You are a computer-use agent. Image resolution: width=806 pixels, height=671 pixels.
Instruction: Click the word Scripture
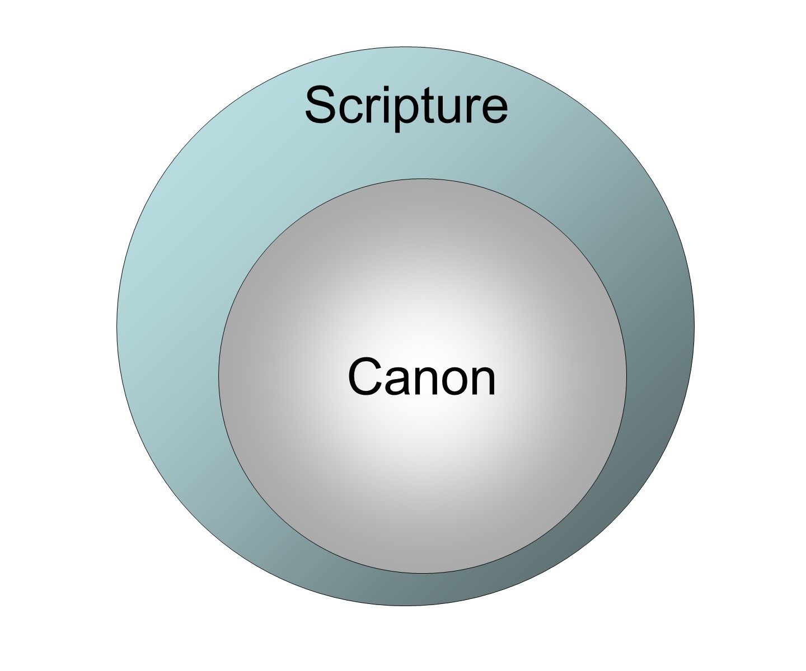tap(406, 106)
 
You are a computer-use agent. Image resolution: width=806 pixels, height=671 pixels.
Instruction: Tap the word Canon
tap(421, 377)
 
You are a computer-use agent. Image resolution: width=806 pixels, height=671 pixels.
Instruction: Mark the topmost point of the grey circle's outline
tap(421, 179)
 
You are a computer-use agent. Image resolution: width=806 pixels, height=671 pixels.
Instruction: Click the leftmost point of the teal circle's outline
tap(116, 326)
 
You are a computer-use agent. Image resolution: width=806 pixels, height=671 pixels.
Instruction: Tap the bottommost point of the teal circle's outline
tap(405, 606)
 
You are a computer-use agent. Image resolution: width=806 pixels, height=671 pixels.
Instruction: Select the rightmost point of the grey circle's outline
tap(626, 376)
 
